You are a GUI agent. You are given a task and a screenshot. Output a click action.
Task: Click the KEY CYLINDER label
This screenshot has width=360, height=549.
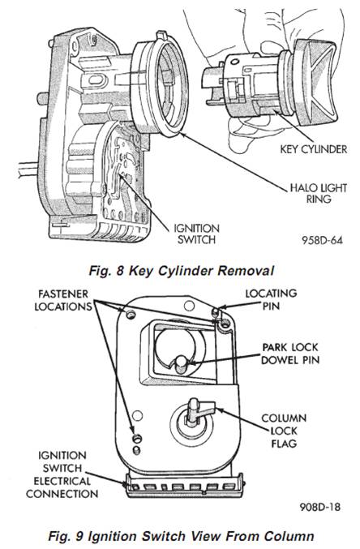(x=314, y=149)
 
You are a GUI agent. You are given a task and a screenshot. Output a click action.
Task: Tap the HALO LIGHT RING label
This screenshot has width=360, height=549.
(x=319, y=193)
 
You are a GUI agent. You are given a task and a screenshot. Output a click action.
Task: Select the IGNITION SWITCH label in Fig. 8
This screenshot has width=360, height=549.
(x=196, y=234)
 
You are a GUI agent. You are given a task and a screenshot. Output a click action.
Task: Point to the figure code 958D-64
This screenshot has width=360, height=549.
(x=322, y=240)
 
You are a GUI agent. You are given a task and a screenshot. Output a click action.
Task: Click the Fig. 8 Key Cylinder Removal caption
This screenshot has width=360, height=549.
(x=181, y=271)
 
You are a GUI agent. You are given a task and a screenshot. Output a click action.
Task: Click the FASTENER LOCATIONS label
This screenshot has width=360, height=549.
(x=63, y=300)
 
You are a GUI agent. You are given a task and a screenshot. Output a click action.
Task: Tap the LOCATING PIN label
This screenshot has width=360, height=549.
(x=271, y=300)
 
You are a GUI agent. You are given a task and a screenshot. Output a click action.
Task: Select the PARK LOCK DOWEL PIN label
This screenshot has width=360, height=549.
(x=290, y=354)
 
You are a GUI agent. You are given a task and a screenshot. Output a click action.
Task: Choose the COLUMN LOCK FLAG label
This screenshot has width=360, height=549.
(x=284, y=431)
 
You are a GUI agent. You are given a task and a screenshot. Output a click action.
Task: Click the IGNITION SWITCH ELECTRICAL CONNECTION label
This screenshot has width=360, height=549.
(x=62, y=474)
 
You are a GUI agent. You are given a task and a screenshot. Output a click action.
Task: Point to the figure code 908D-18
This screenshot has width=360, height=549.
(x=319, y=507)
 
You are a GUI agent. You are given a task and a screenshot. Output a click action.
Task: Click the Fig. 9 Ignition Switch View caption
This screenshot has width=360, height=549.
(x=181, y=536)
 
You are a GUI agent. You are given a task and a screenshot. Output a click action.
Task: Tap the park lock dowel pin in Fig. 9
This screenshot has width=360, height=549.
(x=181, y=363)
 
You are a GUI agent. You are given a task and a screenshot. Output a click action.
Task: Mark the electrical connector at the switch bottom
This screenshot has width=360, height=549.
(x=185, y=485)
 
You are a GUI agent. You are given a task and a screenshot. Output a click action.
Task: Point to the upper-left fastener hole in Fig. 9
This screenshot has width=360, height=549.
(x=131, y=314)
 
